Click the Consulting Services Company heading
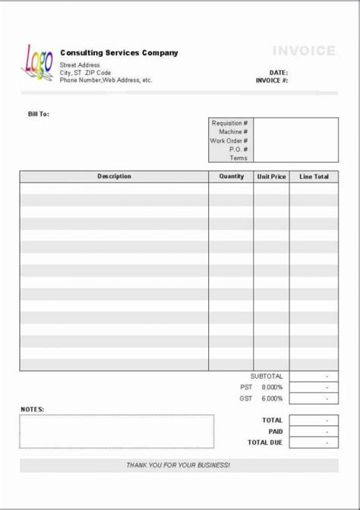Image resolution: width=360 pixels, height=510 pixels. click(119, 53)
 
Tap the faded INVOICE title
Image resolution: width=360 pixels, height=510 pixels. click(304, 51)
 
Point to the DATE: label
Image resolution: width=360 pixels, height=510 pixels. click(277, 73)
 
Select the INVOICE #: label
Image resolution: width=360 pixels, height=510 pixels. click(270, 80)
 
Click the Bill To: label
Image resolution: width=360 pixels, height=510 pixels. click(39, 114)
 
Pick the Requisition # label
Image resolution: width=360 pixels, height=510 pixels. click(228, 123)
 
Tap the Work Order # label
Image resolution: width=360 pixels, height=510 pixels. click(229, 140)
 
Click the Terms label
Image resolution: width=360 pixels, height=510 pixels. click(238, 158)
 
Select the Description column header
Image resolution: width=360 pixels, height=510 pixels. click(114, 177)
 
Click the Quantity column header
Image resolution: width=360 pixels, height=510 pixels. click(232, 177)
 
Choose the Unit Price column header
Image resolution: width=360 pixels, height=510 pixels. click(271, 177)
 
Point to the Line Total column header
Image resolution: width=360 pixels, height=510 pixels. click(314, 177)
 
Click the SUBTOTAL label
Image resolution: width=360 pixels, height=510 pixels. click(267, 376)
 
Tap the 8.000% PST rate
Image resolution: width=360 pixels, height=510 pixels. click(272, 387)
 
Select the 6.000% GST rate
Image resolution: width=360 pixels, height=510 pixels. click(272, 398)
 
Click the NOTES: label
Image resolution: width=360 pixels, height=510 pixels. click(33, 410)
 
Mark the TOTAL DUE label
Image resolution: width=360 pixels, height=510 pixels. click(265, 442)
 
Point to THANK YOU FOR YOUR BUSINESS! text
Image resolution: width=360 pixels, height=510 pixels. click(178, 464)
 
